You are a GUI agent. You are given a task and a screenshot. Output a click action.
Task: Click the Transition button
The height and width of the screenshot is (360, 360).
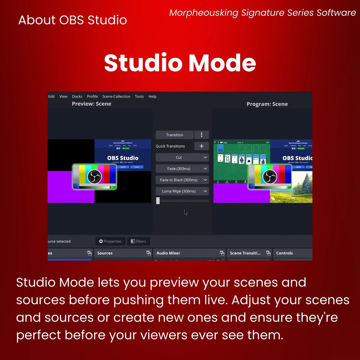coord(175,135)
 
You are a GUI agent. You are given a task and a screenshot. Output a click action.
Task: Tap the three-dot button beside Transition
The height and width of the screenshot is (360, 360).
coord(202,135)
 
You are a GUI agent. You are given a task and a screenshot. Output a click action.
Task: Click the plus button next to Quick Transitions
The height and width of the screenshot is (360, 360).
coord(202,146)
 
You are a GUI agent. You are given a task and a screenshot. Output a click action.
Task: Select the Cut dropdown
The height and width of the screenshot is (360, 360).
coord(182,158)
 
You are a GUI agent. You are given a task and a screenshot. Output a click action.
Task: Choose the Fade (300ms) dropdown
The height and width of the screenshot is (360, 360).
coord(182,169)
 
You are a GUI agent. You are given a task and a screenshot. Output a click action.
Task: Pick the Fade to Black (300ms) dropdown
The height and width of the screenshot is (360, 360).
coord(182,180)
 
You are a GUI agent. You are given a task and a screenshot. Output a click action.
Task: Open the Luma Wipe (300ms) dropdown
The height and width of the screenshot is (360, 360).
coord(182,191)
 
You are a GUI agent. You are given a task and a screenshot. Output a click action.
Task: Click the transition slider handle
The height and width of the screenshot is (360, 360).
coord(158,201)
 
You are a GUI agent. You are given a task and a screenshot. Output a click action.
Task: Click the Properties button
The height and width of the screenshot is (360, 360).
coord(110,241)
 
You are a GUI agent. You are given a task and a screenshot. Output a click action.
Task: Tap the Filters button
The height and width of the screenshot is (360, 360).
coord(138,241)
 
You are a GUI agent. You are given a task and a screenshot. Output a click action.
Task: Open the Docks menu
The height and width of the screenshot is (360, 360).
coord(77,96)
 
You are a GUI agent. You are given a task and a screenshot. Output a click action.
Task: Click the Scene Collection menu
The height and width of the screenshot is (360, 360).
coord(116,96)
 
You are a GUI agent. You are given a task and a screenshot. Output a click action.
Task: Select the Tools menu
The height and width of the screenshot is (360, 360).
coord(139,96)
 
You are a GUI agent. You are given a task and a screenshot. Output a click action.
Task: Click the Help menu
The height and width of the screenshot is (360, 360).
coord(152,96)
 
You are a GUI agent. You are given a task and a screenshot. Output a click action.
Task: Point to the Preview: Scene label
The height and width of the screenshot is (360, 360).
coord(91,104)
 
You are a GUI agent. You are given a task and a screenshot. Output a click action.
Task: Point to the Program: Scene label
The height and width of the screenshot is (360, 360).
coord(267,104)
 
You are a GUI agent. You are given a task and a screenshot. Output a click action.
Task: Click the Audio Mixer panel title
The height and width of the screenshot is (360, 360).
coord(168,253)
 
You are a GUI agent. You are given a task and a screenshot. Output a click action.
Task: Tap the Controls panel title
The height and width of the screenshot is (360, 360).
coord(284,253)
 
